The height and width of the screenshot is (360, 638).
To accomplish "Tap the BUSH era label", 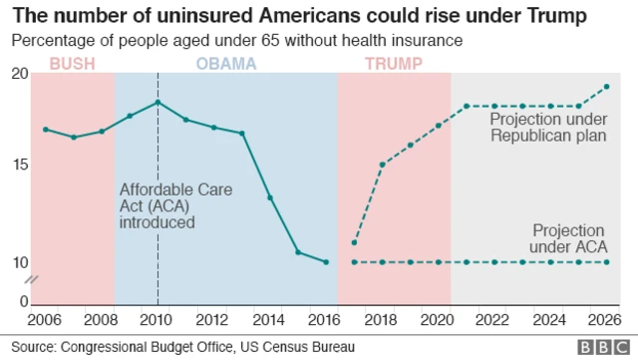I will click(x=73, y=64).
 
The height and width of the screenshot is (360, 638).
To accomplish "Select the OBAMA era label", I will click(x=226, y=64).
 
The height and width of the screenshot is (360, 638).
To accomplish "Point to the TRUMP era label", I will click(x=393, y=64).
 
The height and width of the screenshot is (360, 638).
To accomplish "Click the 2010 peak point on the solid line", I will click(x=158, y=103).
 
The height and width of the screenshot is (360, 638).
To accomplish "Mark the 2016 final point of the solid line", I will click(x=326, y=262).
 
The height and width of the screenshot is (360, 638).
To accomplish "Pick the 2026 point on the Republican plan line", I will click(x=607, y=87).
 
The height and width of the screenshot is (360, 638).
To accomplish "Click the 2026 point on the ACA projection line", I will click(x=607, y=262).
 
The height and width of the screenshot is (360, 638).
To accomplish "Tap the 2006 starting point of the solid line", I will click(x=45, y=130).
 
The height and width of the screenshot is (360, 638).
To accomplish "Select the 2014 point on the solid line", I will click(x=270, y=197).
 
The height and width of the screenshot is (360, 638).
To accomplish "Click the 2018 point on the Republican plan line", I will click(x=382, y=165).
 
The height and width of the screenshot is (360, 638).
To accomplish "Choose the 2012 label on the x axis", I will click(x=213, y=319).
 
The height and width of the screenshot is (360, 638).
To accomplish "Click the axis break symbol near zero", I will click(x=32, y=281).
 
